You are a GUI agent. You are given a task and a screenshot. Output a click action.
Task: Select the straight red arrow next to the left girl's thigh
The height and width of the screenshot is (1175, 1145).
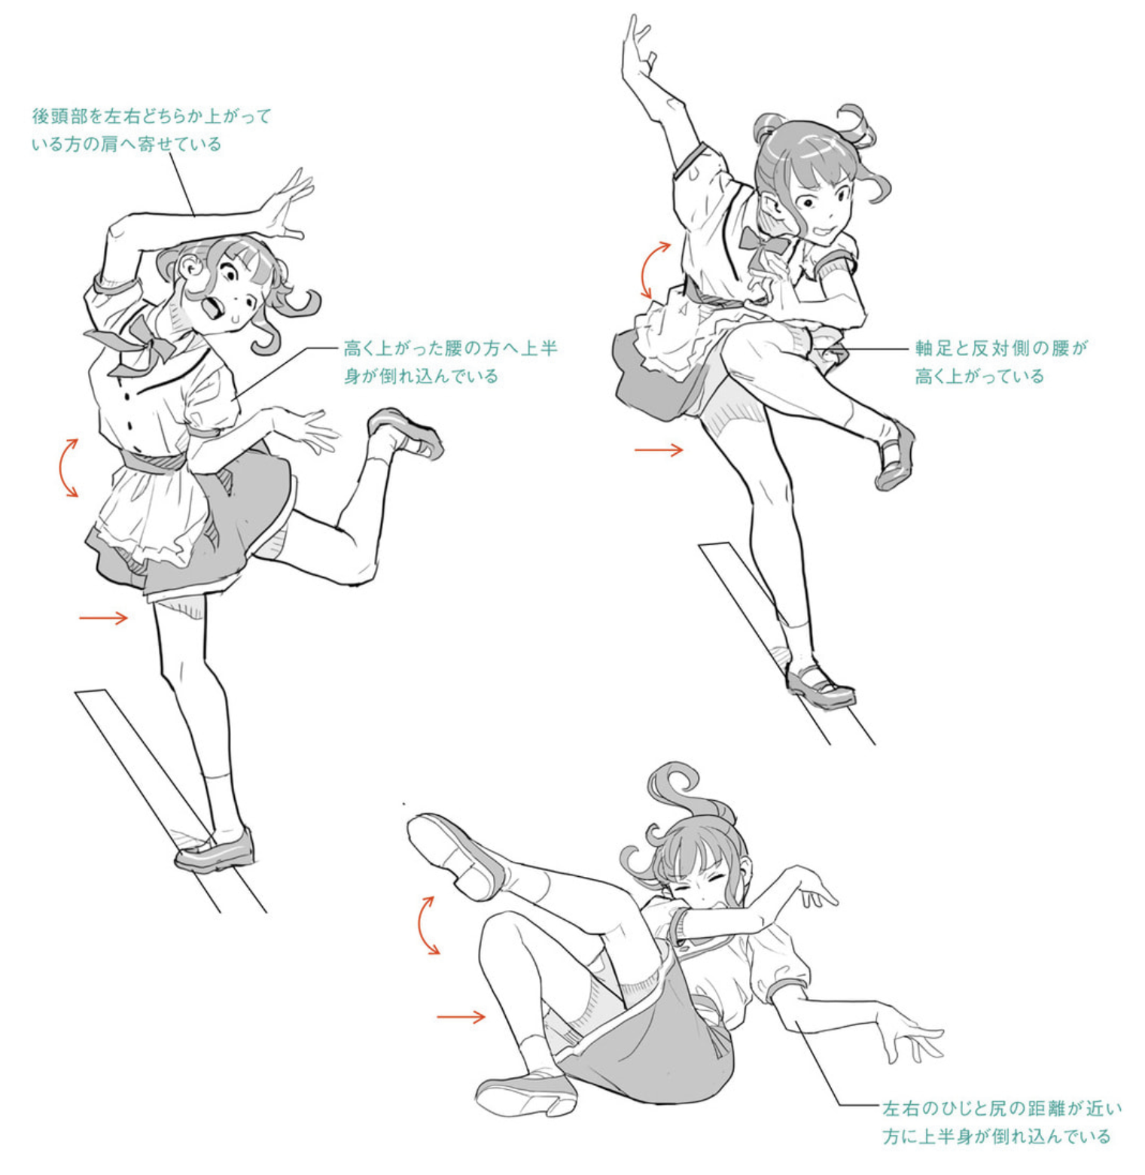103,618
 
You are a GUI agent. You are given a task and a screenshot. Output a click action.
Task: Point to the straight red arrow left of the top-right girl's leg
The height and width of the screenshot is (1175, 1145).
659,450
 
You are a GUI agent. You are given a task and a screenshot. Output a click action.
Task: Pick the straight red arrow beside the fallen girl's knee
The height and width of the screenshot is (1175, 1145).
461,1017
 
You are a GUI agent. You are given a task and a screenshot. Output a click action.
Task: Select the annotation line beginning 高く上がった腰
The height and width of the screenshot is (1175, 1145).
450,361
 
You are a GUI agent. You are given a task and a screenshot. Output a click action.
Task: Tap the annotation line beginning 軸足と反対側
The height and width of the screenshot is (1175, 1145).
1001,361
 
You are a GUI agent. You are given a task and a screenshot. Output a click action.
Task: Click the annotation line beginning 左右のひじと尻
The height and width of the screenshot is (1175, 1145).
1002,1122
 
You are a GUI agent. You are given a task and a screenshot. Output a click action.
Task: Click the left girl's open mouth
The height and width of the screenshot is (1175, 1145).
214,307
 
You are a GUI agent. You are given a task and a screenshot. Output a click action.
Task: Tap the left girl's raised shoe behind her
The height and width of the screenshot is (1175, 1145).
406,433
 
